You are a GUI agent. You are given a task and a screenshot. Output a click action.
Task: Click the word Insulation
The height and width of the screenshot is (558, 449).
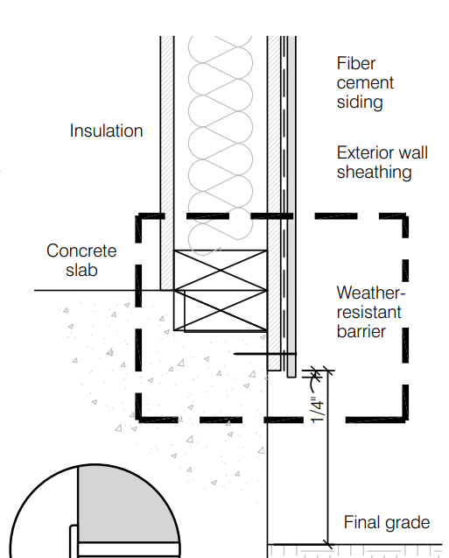pos(106,131)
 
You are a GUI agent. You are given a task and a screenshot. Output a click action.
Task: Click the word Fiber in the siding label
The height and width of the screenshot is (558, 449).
pos(356,64)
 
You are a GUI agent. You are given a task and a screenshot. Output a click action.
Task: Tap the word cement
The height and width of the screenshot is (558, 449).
pos(365,83)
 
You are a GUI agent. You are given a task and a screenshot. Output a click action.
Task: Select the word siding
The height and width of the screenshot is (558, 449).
pos(360,102)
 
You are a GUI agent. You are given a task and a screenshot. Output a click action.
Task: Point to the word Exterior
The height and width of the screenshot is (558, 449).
pos(366,153)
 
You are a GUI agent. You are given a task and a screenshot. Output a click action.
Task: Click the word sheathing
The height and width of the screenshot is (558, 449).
pos(375,173)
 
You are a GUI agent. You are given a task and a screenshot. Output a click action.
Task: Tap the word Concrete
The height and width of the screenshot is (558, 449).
pos(81,251)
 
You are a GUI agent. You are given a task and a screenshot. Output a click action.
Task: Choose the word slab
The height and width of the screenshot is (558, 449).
pos(81,270)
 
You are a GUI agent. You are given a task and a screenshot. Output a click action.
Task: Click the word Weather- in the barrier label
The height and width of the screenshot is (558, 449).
pos(371,293)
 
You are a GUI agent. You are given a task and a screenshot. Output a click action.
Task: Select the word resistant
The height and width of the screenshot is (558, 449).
pos(369,313)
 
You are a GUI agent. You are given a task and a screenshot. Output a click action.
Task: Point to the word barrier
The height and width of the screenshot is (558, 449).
pos(361,332)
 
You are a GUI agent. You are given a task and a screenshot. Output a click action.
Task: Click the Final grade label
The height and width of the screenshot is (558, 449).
pos(387,522)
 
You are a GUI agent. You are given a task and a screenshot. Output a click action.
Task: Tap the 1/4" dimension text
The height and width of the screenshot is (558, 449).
pos(318,410)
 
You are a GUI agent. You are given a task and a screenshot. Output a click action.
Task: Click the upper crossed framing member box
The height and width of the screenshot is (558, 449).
pos(221,271)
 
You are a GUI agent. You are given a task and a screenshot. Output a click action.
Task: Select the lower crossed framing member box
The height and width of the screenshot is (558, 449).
pos(226,311)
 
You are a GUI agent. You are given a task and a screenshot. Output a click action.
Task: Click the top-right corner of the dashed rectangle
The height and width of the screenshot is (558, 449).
pos(405,216)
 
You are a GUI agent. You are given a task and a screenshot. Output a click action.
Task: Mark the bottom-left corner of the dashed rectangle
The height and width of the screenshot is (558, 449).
pos(138,420)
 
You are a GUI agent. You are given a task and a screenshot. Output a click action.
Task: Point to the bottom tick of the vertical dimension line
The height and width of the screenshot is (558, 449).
pos(327,545)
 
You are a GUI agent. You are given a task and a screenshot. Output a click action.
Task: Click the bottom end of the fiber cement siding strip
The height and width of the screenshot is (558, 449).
pos(291,377)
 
